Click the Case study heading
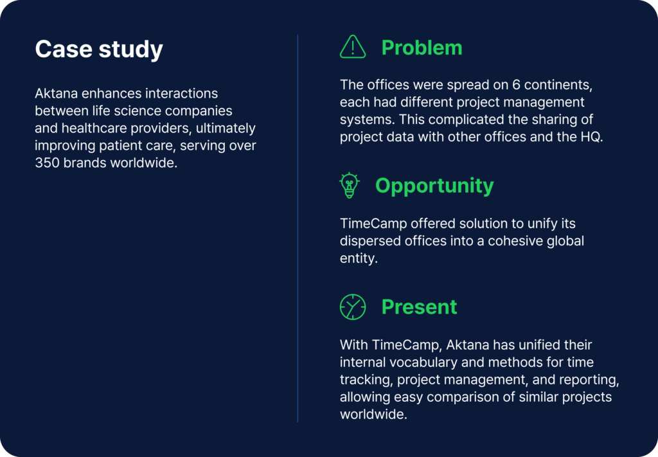[x=99, y=50]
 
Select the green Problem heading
[x=422, y=48]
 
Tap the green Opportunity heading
[x=434, y=186]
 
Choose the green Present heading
[x=419, y=307]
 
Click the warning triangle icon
[x=352, y=48]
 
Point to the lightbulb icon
[x=349, y=186]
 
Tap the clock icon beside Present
[x=352, y=307]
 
